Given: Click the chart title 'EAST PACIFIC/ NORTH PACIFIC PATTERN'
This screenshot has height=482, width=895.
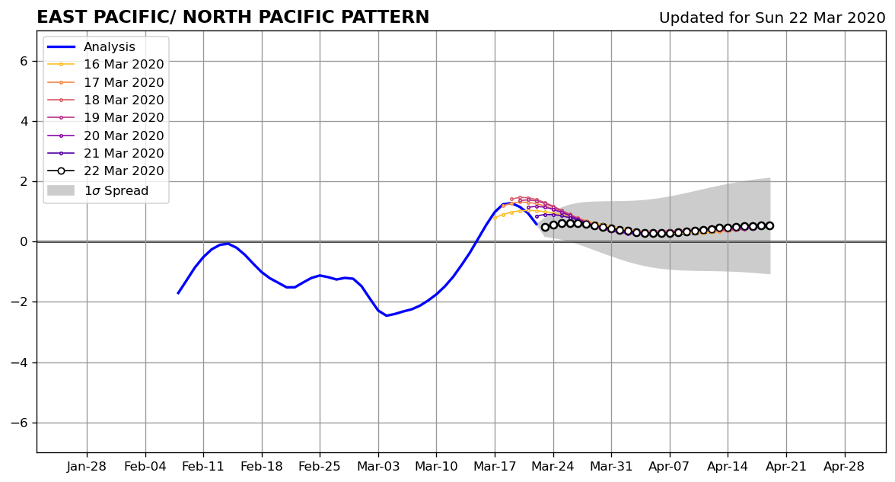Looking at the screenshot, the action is tap(233, 17).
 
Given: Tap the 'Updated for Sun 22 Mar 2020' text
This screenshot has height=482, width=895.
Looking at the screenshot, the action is tap(772, 18).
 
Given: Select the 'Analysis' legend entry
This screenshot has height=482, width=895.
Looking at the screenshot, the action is tap(91, 47).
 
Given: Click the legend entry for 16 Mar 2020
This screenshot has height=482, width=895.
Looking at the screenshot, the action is tap(106, 65).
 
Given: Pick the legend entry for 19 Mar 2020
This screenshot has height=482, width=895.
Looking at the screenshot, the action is tap(106, 117).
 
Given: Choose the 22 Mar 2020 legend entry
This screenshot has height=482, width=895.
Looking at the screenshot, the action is tap(106, 171).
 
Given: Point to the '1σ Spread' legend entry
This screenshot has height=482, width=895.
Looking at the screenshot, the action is tap(98, 190).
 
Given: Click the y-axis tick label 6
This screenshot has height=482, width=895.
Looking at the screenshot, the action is tap(24, 61).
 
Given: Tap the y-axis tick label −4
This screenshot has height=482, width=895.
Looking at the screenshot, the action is tap(20, 362).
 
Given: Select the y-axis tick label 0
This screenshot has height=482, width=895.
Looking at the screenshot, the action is tap(24, 242).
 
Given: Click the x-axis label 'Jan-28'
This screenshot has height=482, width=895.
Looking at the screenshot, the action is tap(87, 467).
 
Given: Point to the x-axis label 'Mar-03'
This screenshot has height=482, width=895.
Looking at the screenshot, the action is tap(378, 467).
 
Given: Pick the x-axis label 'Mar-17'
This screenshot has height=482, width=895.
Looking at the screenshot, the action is tap(495, 467).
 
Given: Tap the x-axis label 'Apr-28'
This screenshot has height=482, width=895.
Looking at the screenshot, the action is tap(844, 467).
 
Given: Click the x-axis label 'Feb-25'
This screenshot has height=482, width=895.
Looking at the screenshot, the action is tap(320, 467).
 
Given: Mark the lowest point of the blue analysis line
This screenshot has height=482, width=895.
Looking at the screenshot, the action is tap(387, 315).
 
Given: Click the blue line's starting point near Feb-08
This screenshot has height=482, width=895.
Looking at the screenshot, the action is tap(178, 294).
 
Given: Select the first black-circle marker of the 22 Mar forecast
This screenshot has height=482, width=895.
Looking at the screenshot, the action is tap(545, 227).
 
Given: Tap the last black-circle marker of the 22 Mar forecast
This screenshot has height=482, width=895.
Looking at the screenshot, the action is tap(769, 225).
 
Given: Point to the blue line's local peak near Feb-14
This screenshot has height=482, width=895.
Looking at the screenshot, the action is tap(228, 244).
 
